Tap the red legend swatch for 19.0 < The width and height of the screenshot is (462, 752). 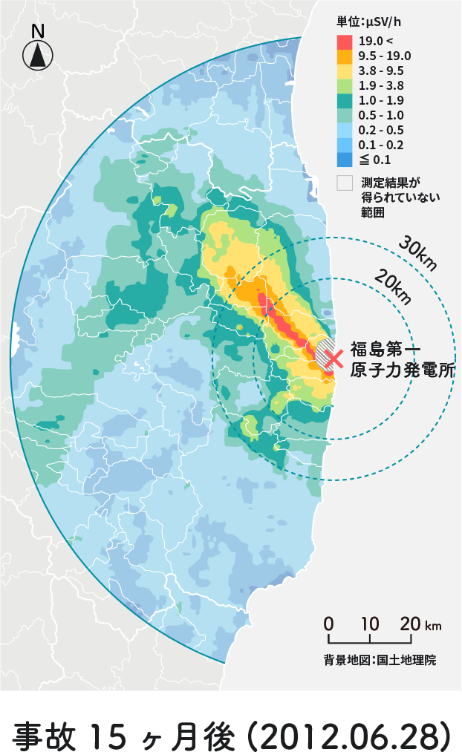pyautogui.click(x=344, y=42)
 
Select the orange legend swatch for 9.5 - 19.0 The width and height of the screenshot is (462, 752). pyautogui.click(x=344, y=56)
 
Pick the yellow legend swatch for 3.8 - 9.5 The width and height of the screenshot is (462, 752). pyautogui.click(x=344, y=71)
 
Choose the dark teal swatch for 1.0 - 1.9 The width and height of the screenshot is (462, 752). pyautogui.click(x=344, y=100)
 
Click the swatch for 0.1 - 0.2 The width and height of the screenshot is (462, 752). pyautogui.click(x=344, y=145)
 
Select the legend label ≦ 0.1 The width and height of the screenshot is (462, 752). pyautogui.click(x=376, y=160)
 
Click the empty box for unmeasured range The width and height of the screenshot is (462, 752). pyautogui.click(x=344, y=183)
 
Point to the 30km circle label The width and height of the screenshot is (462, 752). pyautogui.click(x=417, y=253)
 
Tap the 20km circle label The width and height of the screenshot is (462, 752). pyautogui.click(x=393, y=287)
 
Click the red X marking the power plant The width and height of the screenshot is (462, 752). pyautogui.click(x=334, y=358)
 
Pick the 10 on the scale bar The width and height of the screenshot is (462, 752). pyautogui.click(x=369, y=624)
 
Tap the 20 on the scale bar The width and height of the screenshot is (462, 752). pyautogui.click(x=410, y=624)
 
